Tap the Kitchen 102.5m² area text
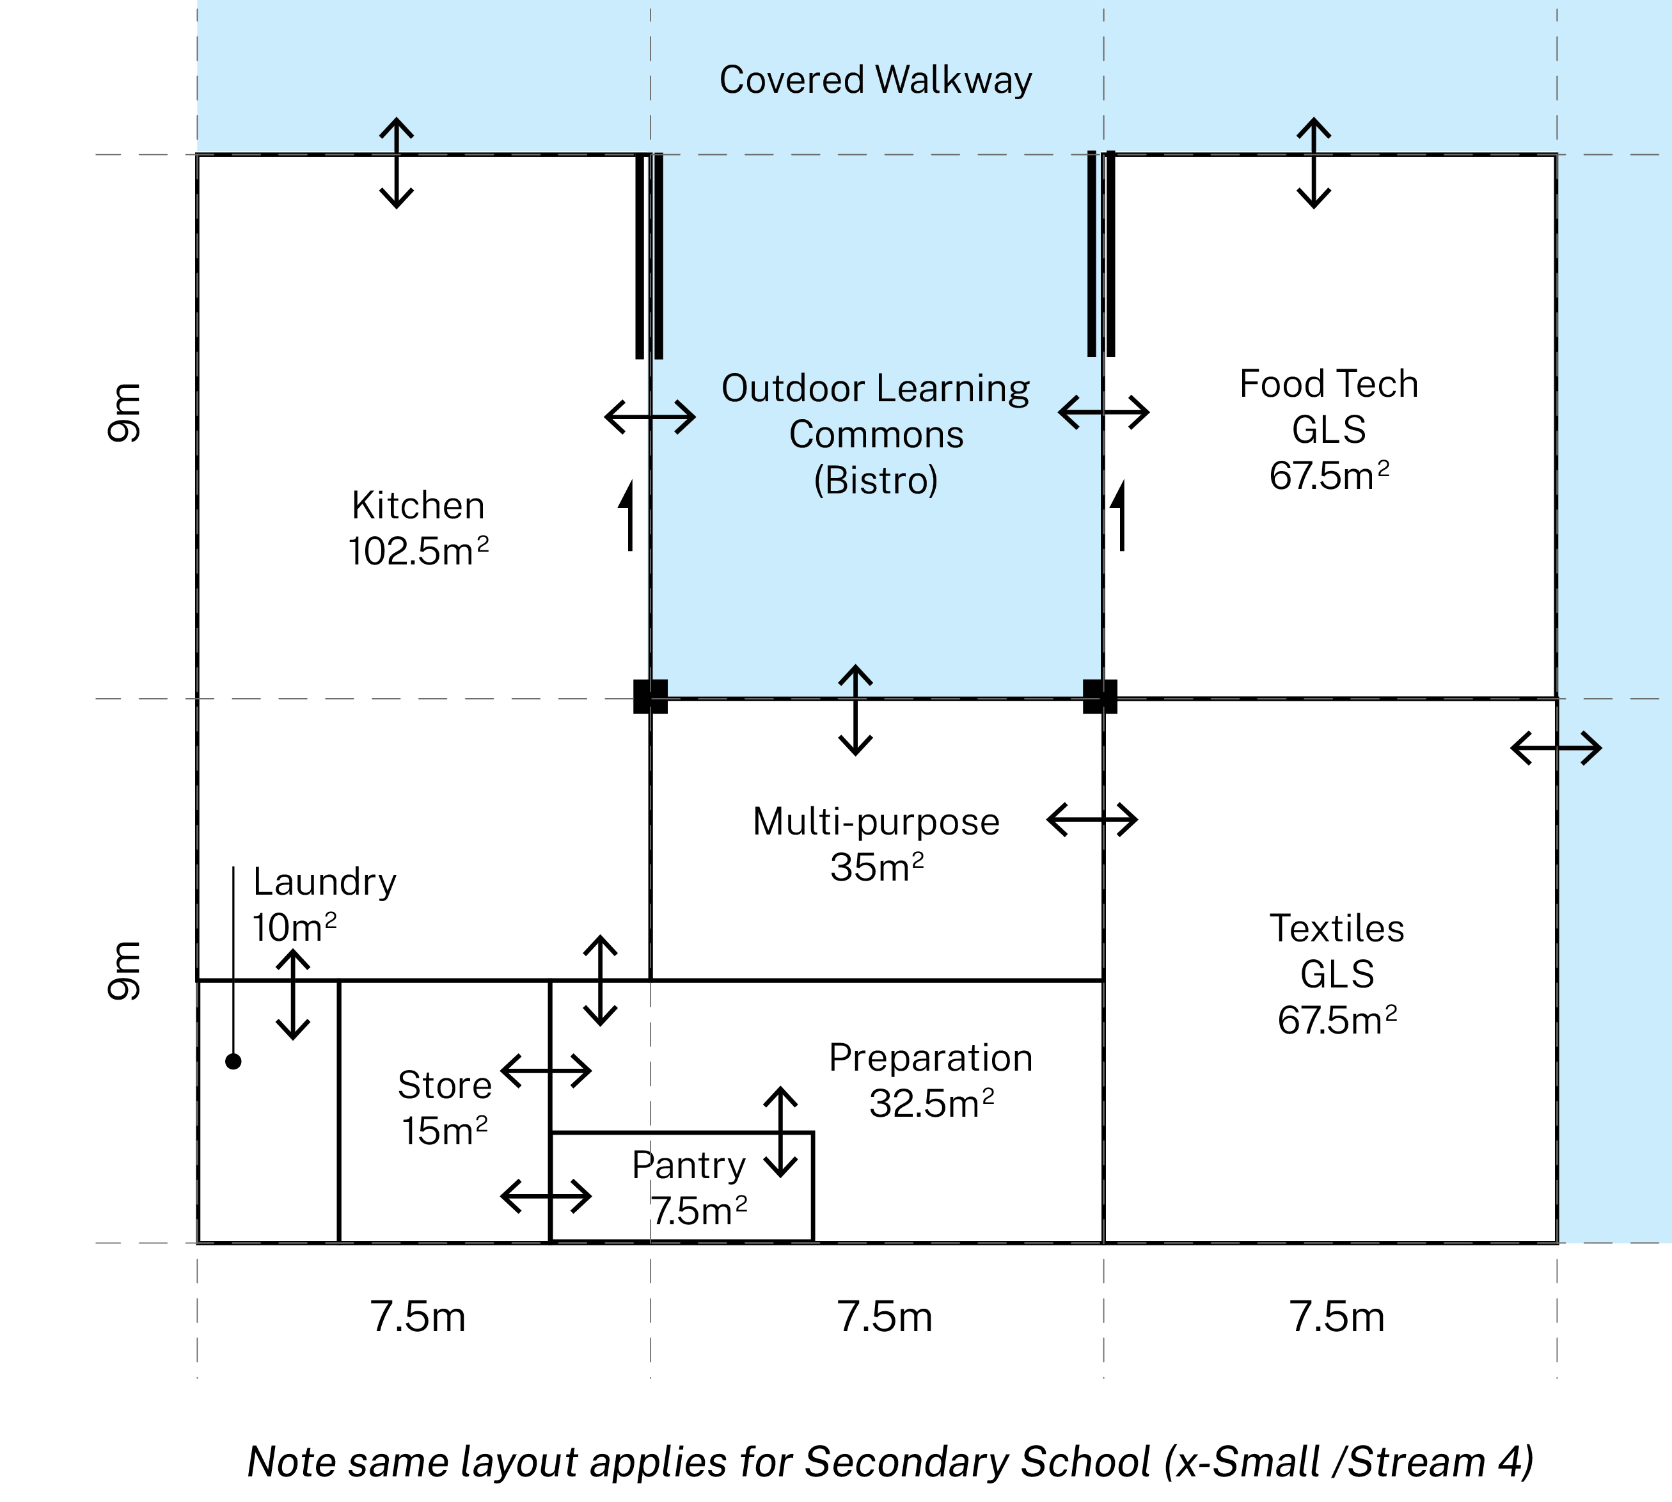pos(418,528)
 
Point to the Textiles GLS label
pos(1336,974)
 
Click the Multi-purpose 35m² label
pos(876,843)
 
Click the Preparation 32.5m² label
pos(931,1080)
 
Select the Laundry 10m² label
pos(324,904)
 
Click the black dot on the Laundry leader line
pos(233,1061)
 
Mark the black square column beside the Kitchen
pos(650,696)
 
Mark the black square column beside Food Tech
pos(1100,696)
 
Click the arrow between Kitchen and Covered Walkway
pos(396,163)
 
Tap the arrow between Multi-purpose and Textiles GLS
pos(1091,820)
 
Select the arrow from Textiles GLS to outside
pos(1556,749)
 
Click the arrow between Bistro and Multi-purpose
pos(855,710)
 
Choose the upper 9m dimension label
pos(125,413)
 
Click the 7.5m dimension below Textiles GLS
pos(1336,1316)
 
